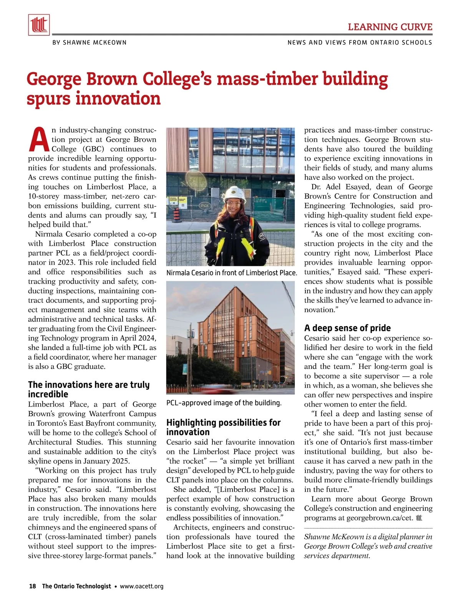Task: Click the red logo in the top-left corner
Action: [39, 25]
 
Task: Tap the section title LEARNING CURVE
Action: [390, 27]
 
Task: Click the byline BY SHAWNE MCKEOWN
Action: [90, 43]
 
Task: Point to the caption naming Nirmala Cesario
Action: [231, 273]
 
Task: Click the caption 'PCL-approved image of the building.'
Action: [224, 403]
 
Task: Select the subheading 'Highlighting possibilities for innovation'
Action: [223, 427]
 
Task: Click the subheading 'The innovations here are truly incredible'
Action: [89, 389]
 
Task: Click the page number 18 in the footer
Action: [33, 586]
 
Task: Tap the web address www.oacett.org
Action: [142, 586]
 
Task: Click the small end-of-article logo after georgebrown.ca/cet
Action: [419, 518]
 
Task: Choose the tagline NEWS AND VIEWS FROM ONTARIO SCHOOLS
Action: [360, 43]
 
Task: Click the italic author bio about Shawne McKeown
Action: [368, 546]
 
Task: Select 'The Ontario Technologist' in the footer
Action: [76, 586]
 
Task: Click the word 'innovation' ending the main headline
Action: [118, 99]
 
